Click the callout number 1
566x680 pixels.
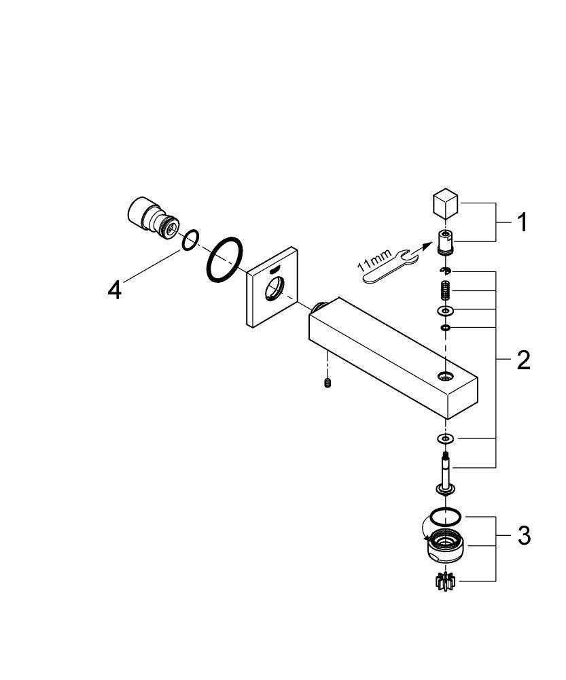point(523,222)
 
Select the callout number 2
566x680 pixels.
point(523,360)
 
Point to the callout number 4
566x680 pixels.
point(115,290)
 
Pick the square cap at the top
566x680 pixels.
point(446,202)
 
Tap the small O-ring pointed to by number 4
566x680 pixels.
point(190,240)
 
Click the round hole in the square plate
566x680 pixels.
point(275,289)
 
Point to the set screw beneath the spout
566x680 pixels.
point(328,382)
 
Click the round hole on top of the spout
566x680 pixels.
point(444,375)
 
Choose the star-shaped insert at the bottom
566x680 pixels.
point(445,581)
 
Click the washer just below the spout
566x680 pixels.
point(445,439)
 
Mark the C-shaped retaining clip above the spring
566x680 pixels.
point(445,271)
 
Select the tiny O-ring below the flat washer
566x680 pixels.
point(445,328)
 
